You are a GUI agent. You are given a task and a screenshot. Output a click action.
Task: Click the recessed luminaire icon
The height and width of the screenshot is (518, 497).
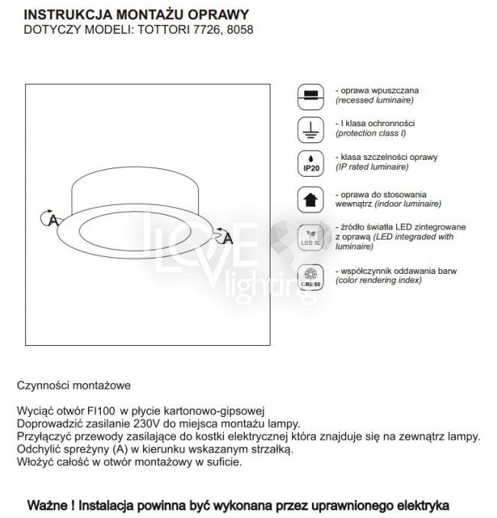(310, 95)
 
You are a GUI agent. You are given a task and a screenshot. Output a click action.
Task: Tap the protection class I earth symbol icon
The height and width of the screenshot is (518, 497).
(310, 128)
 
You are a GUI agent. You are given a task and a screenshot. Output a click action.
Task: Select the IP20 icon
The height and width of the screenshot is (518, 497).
(310, 163)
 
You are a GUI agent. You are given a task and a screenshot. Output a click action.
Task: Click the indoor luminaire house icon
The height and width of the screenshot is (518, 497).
(310, 199)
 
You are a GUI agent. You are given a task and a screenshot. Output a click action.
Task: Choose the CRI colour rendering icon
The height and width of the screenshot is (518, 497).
(310, 276)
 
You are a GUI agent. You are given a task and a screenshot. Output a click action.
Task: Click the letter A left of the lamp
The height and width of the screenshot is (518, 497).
(53, 220)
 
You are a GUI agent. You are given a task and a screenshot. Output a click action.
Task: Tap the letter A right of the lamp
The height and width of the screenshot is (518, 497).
(227, 239)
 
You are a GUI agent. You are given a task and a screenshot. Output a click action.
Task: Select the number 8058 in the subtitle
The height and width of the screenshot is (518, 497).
(237, 30)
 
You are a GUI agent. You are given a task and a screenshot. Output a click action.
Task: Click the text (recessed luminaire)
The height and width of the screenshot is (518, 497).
(375, 100)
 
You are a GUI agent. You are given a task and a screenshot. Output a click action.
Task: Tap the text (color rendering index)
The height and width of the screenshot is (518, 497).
(378, 281)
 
